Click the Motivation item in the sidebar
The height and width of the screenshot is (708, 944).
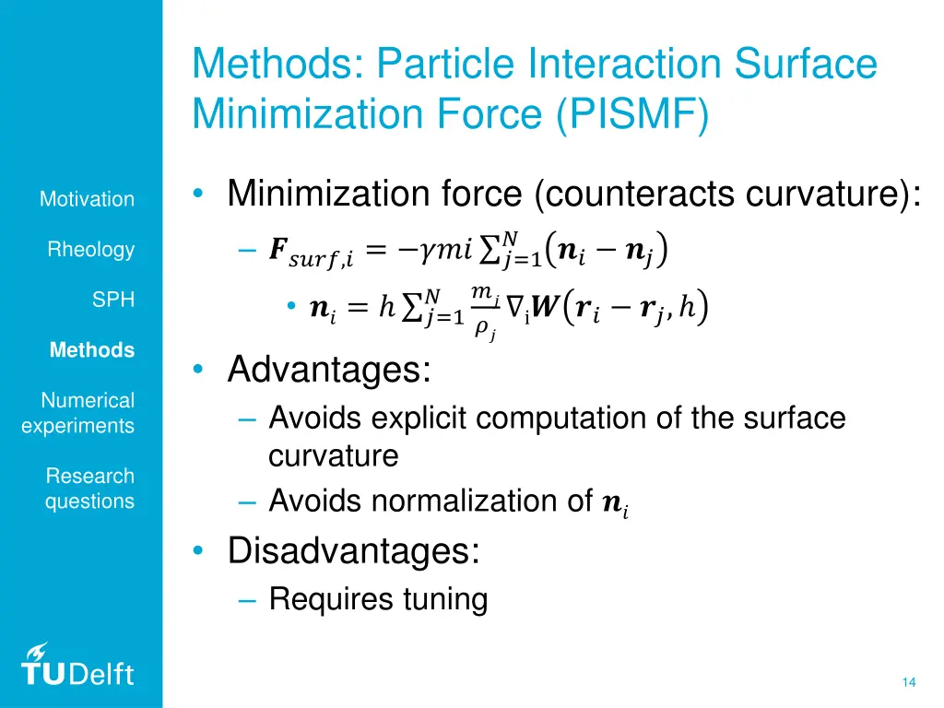[87, 199]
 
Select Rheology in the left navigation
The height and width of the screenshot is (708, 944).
[91, 250]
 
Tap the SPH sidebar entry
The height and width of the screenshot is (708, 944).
[112, 300]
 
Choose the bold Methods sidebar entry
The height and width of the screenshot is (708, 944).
[92, 350]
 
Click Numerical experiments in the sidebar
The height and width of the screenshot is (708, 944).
[78, 413]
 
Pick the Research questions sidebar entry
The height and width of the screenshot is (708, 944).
[89, 489]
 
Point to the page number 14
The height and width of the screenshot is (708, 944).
[909, 682]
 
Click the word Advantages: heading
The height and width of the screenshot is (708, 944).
[329, 371]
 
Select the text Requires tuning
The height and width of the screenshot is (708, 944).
[378, 599]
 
